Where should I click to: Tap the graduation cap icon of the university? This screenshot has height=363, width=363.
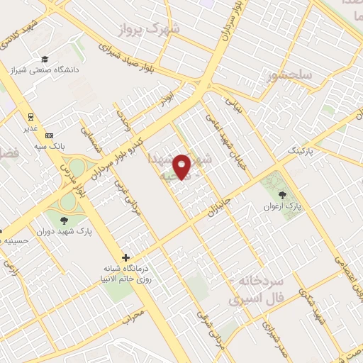[45, 60]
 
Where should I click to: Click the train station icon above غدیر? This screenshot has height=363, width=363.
[31, 116]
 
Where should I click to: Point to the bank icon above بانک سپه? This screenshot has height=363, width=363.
[48, 135]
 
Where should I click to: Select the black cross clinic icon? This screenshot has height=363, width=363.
[125, 257]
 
